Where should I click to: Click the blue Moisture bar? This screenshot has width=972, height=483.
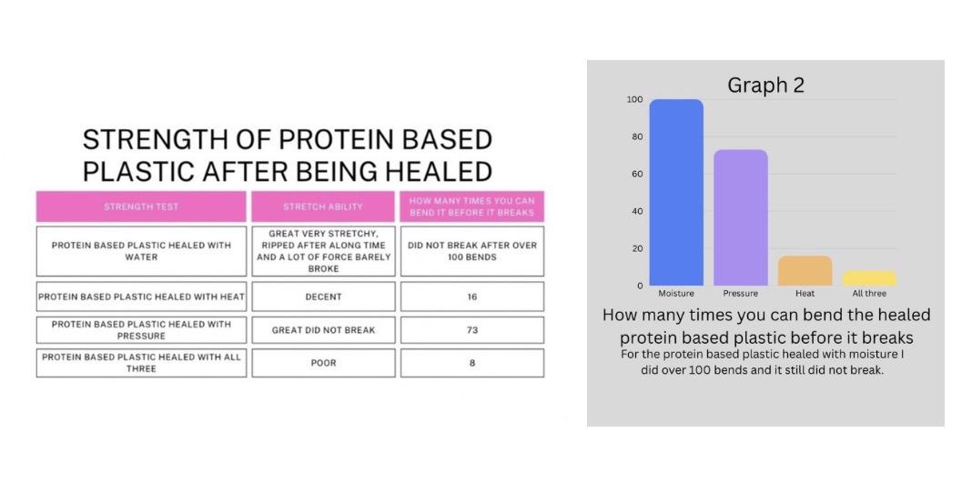point(676,192)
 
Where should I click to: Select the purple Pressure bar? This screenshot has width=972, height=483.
point(741,217)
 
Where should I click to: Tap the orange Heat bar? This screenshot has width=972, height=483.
point(805,270)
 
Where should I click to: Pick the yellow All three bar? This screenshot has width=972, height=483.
point(869,278)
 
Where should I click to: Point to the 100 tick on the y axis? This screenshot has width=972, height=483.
point(634,100)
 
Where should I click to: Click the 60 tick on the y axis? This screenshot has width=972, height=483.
point(637,174)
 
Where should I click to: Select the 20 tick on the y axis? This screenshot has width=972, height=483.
point(637,248)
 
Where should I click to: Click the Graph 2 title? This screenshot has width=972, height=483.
point(765,85)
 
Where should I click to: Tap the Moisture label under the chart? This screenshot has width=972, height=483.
point(676,294)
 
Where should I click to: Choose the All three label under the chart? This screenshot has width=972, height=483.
point(869,294)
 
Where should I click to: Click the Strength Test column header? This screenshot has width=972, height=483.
point(141,206)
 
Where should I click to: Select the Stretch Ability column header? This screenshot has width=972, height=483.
point(323,206)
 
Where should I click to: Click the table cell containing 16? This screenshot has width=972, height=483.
point(472,297)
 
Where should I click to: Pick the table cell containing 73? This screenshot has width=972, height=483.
point(472,330)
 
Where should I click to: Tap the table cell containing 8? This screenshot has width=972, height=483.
point(472,363)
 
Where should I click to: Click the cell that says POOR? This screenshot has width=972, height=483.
point(323,363)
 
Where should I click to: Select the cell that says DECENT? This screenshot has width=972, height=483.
point(323,297)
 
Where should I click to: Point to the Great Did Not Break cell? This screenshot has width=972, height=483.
point(323,330)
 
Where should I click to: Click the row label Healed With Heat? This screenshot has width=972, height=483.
point(141,297)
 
